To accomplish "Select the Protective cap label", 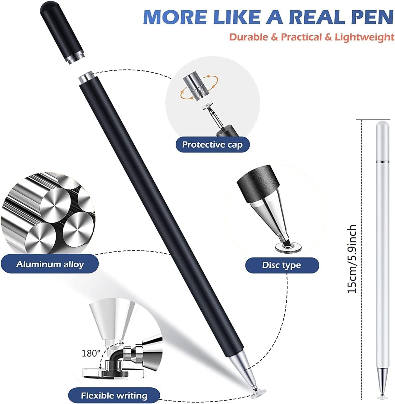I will pos(212,144).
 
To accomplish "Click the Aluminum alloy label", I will pos(50,264).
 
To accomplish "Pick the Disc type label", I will pos(282,265).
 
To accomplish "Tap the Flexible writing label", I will pos(114,395).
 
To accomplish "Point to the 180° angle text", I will pos(91,353).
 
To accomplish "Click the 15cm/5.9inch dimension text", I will pos(352,259).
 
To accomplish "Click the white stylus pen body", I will pos(381,245).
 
